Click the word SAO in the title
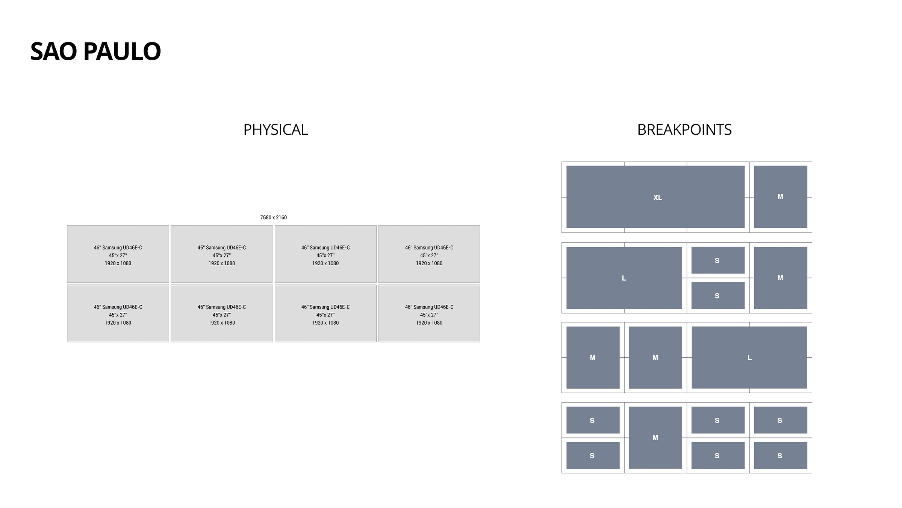53,51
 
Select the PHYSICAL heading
275,130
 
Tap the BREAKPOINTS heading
684,130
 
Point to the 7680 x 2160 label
273,217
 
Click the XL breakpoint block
655,197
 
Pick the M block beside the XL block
780,197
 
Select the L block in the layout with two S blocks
624,278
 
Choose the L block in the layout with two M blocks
749,357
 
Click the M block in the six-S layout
655,438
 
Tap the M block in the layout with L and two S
780,278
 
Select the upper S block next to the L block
717,260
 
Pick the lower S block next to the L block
717,296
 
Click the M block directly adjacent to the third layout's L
655,357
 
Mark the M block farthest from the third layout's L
593,357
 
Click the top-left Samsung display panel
118,254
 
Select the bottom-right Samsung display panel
429,313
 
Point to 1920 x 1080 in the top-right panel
429,263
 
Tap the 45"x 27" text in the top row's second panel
222,256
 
